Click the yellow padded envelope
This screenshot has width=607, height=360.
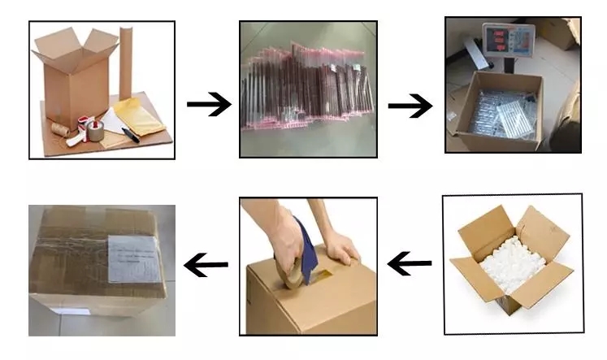141,114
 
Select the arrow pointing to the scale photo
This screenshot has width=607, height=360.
410,106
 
